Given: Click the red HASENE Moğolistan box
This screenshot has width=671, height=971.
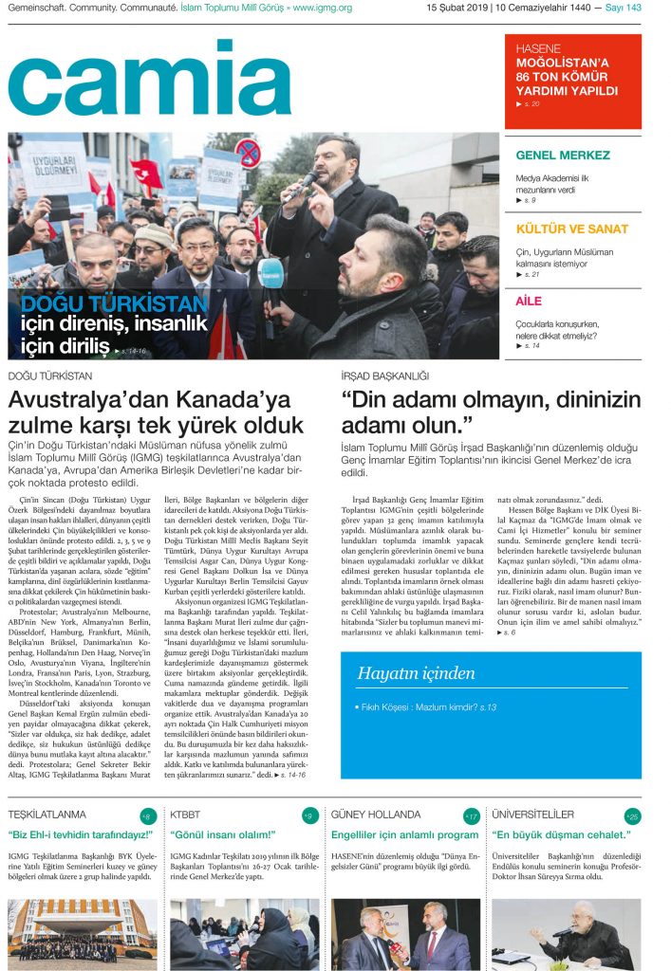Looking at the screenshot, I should pos(572,81).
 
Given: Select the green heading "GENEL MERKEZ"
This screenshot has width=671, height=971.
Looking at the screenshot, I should pos(563,156).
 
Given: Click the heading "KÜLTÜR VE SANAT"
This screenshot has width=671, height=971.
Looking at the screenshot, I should pos(571,229).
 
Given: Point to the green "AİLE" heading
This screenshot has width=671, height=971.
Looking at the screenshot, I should pos(530,301).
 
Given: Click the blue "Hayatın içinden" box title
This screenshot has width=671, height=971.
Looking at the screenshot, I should pos(416,673).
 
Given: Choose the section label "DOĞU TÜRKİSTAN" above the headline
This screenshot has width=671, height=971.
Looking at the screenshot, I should pos(49,376).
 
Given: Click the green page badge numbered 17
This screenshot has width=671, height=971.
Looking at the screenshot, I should pos(472,816).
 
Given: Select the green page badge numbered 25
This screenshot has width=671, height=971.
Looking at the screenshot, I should pos(633,816).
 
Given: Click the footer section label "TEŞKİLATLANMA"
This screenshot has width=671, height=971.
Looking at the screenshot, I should pos(47,815).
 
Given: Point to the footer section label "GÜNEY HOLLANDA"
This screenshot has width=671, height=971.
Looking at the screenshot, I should pos(376,815).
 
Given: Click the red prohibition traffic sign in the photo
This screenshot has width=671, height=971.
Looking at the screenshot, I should pos(248,153).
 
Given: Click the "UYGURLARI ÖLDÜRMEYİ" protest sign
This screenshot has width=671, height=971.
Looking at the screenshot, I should pos(53,157).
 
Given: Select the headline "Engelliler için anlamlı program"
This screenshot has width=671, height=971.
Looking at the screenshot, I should pos(404,835).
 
